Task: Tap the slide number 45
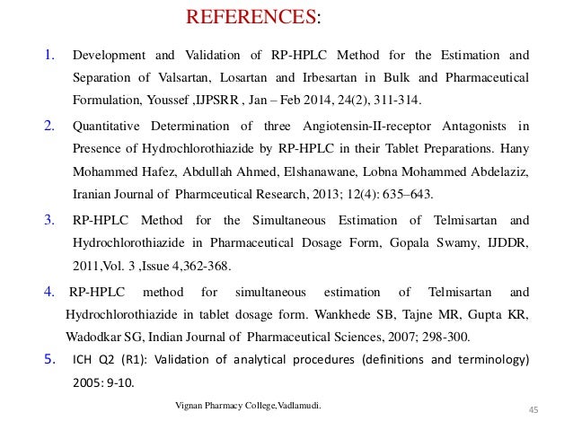(533, 410)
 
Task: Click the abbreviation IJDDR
(507, 243)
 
